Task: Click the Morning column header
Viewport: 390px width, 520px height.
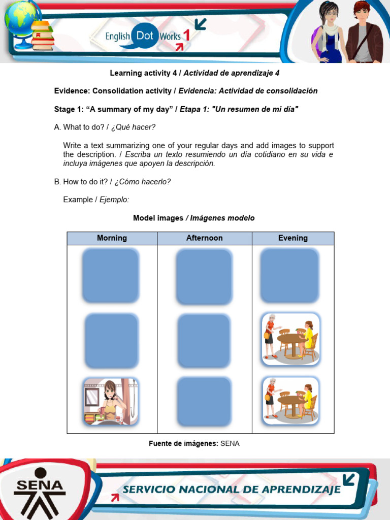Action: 112,238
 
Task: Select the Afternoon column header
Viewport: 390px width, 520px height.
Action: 204,238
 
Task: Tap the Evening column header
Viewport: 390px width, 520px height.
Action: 292,238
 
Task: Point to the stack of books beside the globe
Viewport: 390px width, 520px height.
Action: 43,36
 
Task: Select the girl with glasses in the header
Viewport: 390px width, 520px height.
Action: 329,31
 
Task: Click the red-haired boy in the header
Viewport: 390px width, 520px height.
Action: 363,31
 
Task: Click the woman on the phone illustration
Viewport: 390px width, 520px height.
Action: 111,402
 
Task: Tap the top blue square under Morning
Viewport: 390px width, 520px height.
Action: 110,275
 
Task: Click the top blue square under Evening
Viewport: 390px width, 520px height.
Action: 289,275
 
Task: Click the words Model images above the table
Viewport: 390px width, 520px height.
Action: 158,218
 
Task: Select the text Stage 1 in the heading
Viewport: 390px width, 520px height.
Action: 70,109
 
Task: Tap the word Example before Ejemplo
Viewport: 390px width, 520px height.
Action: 78,200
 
